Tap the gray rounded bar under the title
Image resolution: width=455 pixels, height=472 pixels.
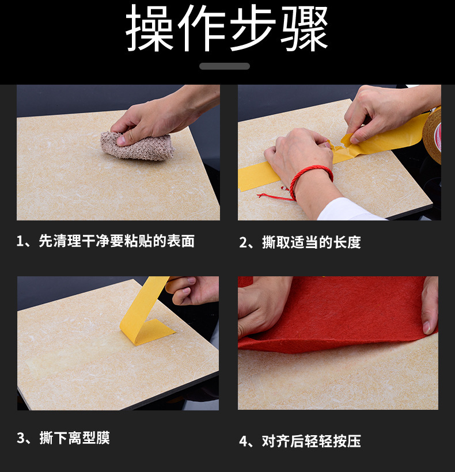(x=225, y=66)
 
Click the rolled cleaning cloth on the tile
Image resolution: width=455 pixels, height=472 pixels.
(x=138, y=146)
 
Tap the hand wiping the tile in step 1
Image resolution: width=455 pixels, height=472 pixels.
(x=156, y=115)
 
